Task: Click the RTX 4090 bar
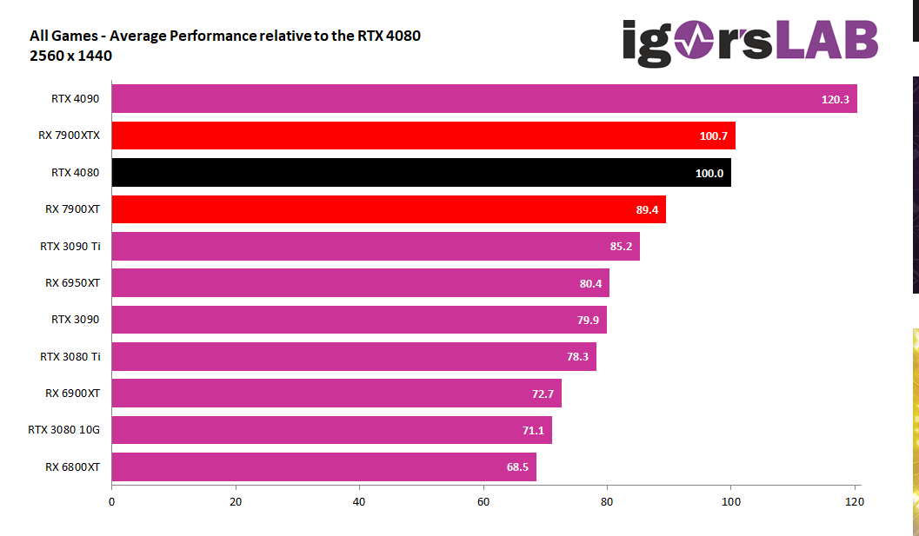tap(484, 99)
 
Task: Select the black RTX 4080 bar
tap(421, 172)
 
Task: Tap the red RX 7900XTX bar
tap(423, 136)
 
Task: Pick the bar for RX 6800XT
tap(323, 467)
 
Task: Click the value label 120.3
tap(836, 99)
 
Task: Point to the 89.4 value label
tap(649, 209)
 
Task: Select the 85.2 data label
tap(623, 246)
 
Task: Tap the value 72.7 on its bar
tap(543, 394)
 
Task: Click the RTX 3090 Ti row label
tap(70, 246)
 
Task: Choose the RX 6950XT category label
tap(73, 282)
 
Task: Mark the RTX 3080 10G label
tap(64, 430)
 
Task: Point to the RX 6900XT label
tap(73, 394)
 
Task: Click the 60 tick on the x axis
tap(483, 501)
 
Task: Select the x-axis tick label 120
tap(855, 501)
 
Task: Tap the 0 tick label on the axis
tap(112, 501)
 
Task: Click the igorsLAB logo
tap(750, 42)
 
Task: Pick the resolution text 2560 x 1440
tap(71, 56)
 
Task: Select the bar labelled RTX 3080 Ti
tap(354, 356)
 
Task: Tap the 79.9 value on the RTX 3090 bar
tap(589, 320)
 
